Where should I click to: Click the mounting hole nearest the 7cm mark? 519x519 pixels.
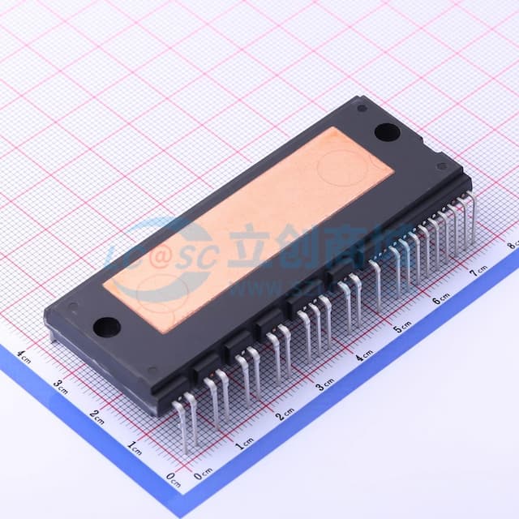385,131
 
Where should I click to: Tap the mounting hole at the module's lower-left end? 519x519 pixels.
106,327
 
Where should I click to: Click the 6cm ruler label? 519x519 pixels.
441,299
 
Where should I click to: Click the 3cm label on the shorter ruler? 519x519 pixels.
60,386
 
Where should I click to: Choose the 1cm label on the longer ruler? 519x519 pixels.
243,443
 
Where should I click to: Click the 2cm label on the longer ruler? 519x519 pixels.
285,414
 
